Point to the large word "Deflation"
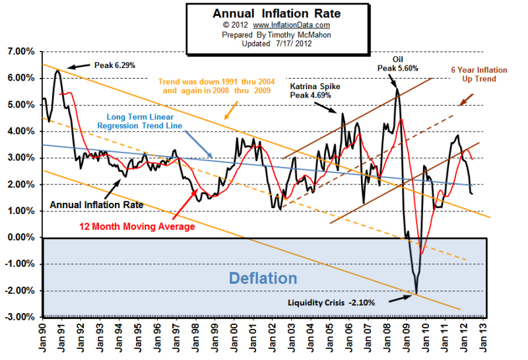tap(263, 277)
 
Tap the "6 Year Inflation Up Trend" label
tap(473, 74)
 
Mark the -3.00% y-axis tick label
tap(19, 318)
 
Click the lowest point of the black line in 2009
tap(416, 293)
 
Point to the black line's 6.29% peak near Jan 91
tap(57, 70)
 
